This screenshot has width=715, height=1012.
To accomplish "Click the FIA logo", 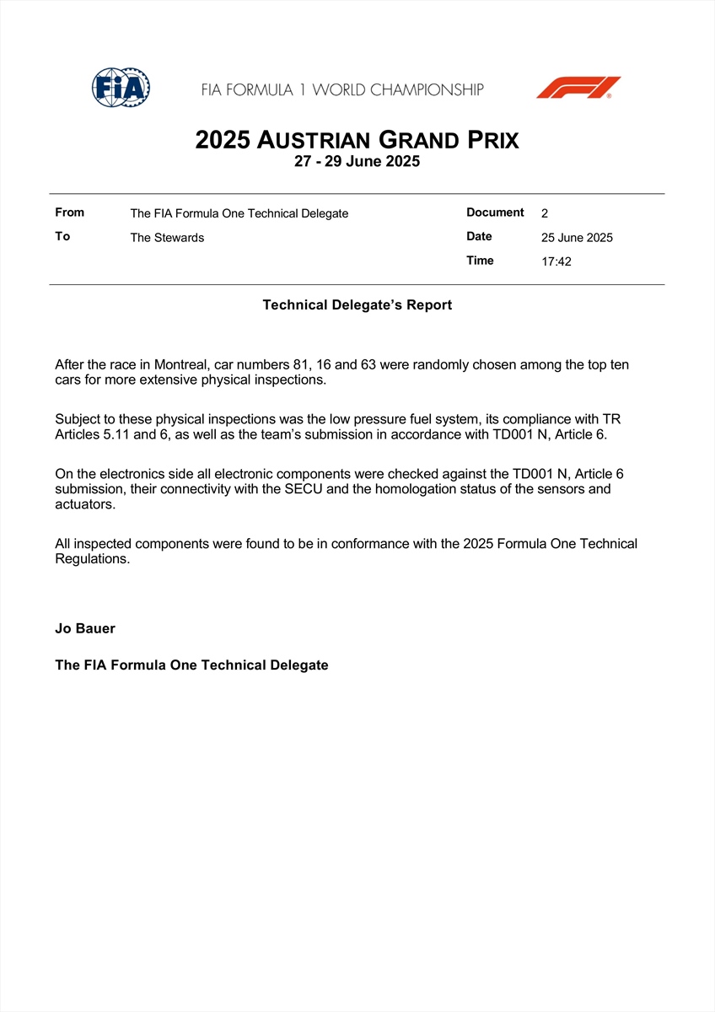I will pos(121,87).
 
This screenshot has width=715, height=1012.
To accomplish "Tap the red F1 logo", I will pos(578,88).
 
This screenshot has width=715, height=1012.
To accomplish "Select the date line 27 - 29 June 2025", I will pos(357,162).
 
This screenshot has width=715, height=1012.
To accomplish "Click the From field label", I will pos(69,213).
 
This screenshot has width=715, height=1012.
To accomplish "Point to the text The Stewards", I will pos(167,238).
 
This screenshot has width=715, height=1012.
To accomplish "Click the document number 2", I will pos(545,213).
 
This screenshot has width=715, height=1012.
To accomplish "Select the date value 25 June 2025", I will pos(577,238).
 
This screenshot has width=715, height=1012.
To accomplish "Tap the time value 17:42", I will pos(556,261).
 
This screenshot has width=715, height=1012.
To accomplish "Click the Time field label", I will pos(480,261).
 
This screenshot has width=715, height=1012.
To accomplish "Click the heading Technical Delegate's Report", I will pos(357,305).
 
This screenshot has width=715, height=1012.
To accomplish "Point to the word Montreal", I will pos(180,365).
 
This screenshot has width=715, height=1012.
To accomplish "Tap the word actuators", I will pos(84,504).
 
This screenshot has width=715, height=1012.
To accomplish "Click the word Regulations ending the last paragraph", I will pos(92,559).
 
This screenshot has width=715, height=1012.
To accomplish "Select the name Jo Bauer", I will pos(84,628).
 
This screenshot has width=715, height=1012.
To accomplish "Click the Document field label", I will pos(495,213).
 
